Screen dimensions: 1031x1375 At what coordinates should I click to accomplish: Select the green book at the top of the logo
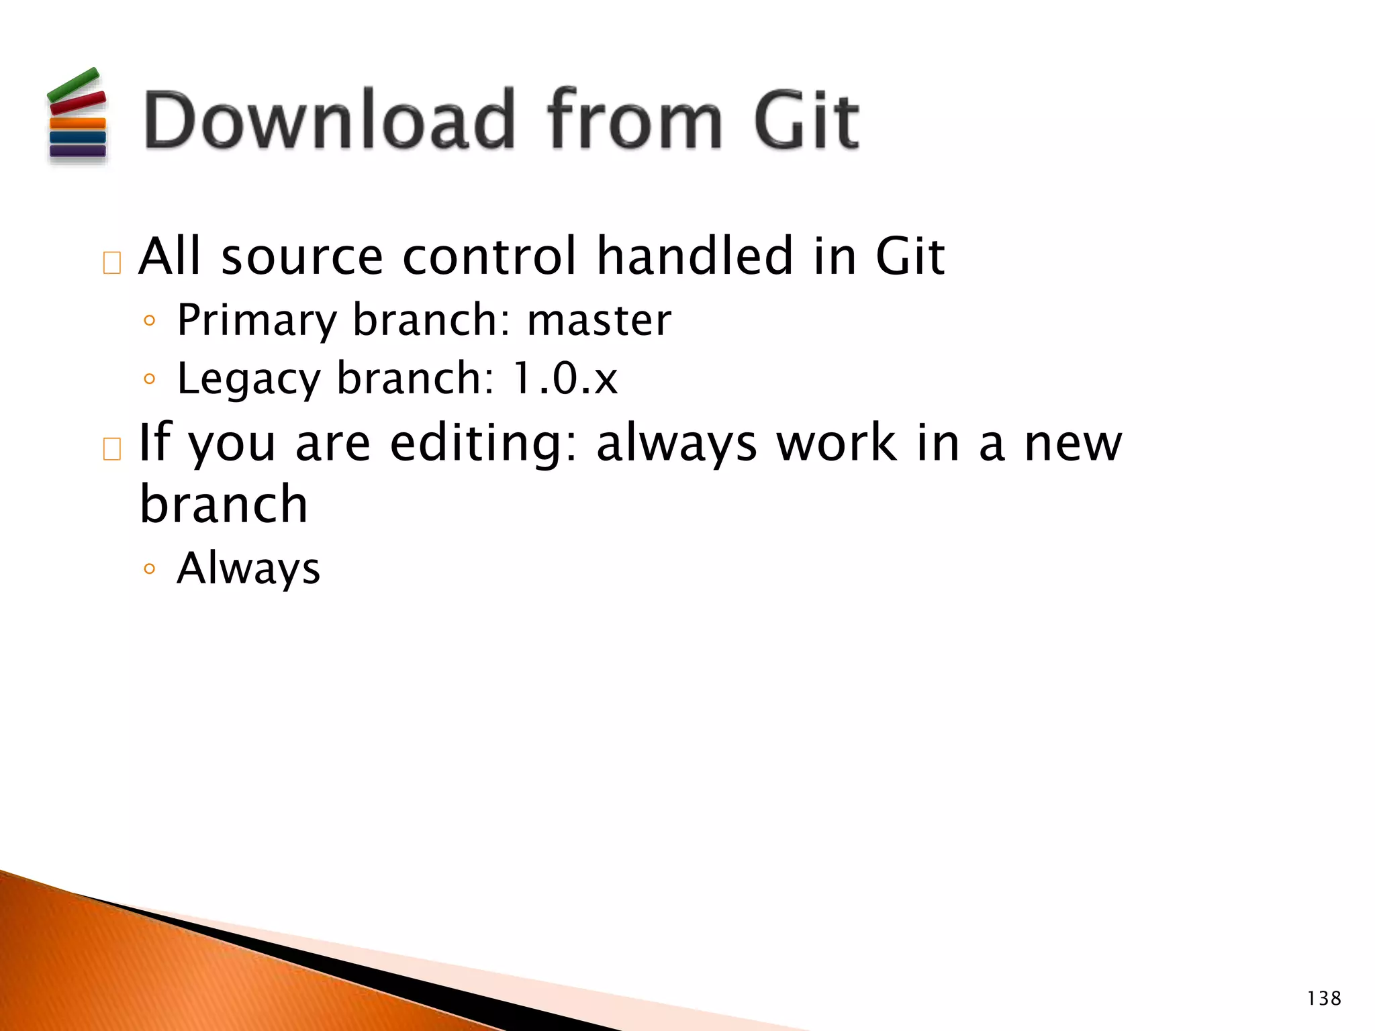pyautogui.click(x=73, y=85)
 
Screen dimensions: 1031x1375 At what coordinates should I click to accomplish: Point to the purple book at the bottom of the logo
pyautogui.click(x=78, y=150)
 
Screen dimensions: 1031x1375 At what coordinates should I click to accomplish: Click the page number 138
pyautogui.click(x=1324, y=999)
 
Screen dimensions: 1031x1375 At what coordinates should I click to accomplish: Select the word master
pyautogui.click(x=599, y=320)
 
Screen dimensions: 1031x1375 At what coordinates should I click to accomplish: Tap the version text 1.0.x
pyautogui.click(x=564, y=379)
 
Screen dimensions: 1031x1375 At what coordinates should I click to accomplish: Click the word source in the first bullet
pyautogui.click(x=302, y=257)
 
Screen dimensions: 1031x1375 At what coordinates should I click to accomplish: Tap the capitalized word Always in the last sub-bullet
pyautogui.click(x=248, y=569)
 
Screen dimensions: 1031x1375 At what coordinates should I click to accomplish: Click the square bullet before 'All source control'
pyautogui.click(x=112, y=262)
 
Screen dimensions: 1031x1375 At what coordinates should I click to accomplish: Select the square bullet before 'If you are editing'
pyautogui.click(x=112, y=448)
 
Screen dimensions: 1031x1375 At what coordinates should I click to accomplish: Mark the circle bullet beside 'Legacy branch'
pyautogui.click(x=150, y=379)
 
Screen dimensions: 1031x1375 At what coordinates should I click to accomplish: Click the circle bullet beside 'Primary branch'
pyautogui.click(x=150, y=321)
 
